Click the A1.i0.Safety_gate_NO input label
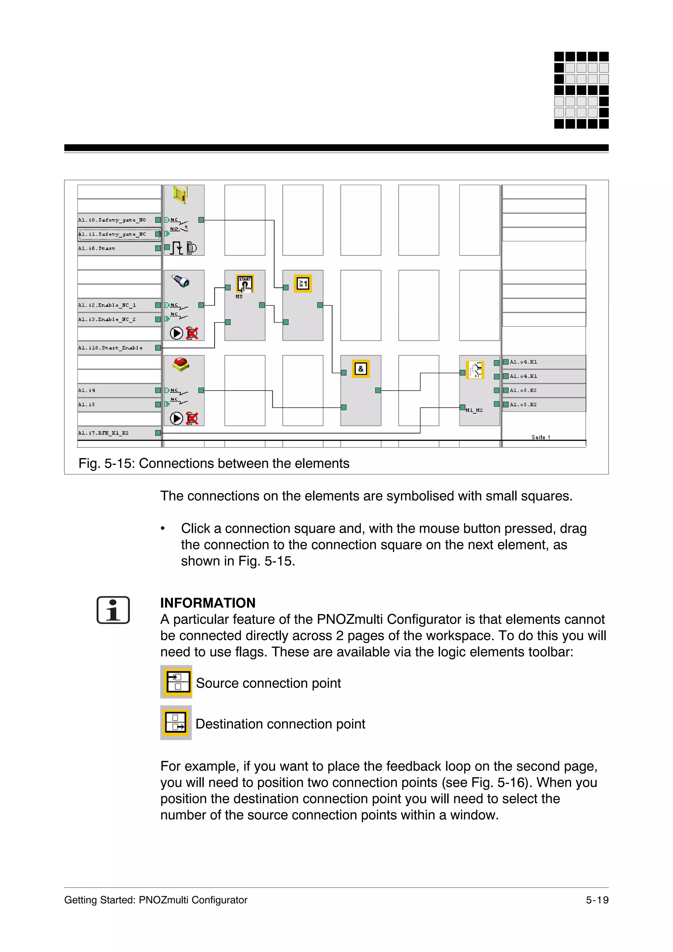click(x=112, y=220)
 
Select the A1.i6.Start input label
click(x=97, y=248)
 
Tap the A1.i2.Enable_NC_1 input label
click(x=107, y=305)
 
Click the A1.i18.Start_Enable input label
click(x=110, y=348)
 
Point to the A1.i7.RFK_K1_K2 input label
click(x=104, y=433)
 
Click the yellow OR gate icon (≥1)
click(x=303, y=283)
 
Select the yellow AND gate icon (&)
click(x=361, y=369)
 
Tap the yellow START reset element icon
click(x=244, y=283)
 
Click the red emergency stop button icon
click(x=181, y=364)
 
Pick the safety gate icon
click(x=181, y=194)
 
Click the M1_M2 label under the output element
click(x=474, y=410)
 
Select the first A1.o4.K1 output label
click(x=523, y=362)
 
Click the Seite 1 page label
click(x=541, y=437)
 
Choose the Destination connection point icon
click(x=176, y=722)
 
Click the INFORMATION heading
click(x=208, y=602)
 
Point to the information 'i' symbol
click(x=113, y=610)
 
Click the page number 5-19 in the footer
click(x=597, y=900)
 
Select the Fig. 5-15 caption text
click(x=214, y=463)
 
